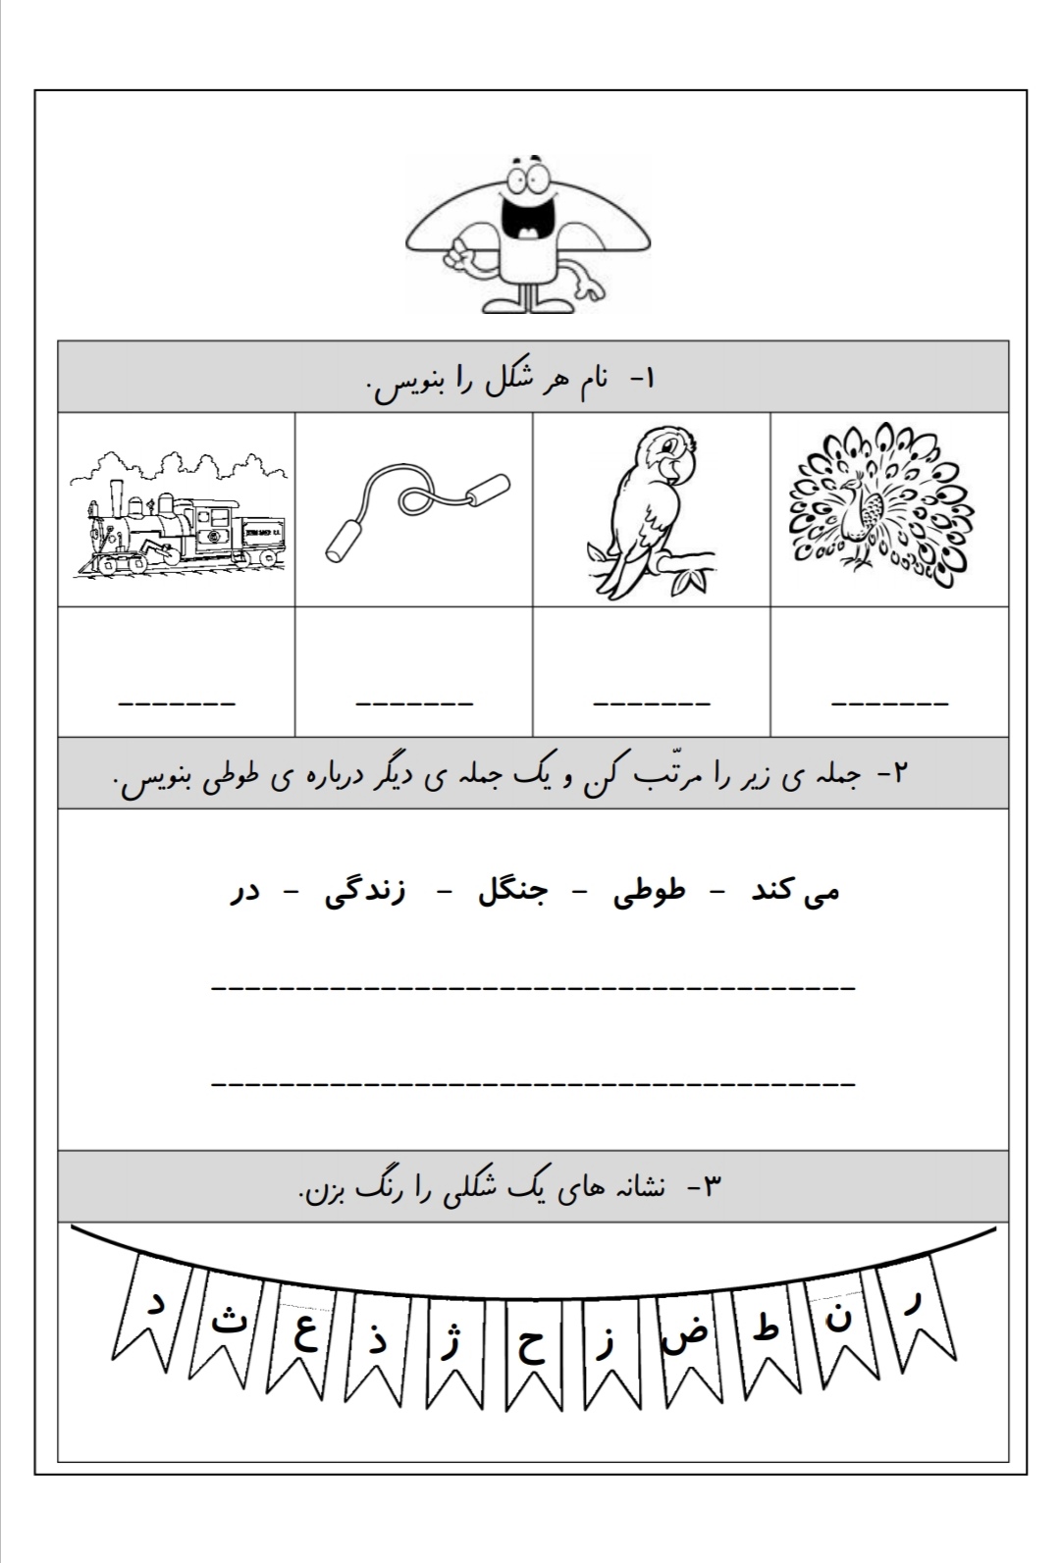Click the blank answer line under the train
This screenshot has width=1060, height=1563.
point(177,703)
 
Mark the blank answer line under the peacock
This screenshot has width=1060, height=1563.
point(889,703)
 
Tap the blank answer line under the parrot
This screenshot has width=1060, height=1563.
point(652,703)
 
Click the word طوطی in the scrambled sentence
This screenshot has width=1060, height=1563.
point(650,893)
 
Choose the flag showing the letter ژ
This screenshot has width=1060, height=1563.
point(450,1344)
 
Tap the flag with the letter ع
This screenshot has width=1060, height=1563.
point(306,1335)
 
